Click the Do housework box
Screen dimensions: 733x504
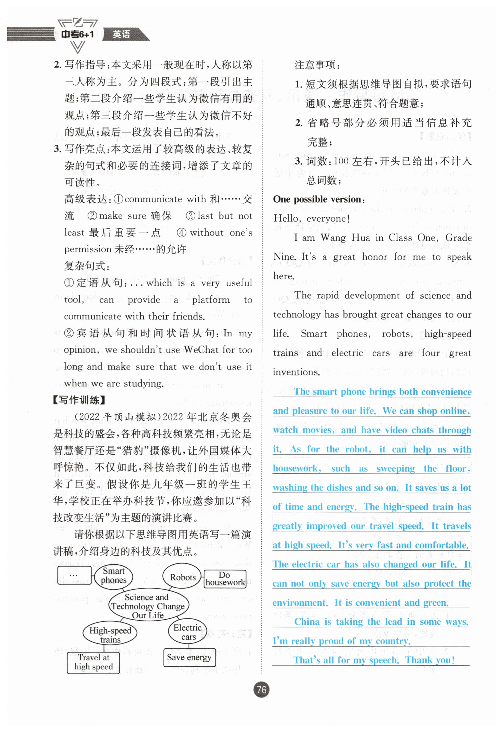point(225,578)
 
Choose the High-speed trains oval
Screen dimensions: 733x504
point(110,635)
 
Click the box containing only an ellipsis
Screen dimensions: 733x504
point(74,575)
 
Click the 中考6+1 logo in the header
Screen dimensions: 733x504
point(77,34)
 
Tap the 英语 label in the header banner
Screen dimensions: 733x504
point(122,34)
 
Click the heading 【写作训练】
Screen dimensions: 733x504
point(79,400)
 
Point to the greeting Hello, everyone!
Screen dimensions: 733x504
point(311,218)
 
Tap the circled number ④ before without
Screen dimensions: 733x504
point(181,233)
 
